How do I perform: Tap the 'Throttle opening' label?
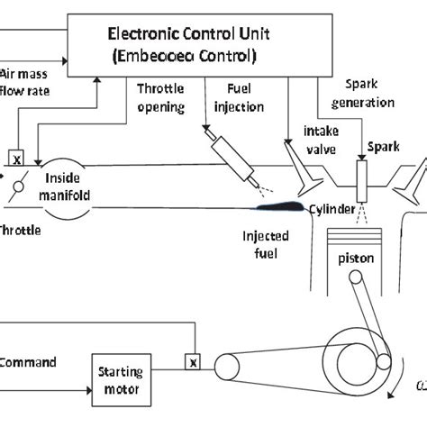point(161,99)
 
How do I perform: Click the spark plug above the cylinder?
point(362,179)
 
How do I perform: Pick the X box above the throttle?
point(16,155)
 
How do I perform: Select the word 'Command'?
point(28,362)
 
